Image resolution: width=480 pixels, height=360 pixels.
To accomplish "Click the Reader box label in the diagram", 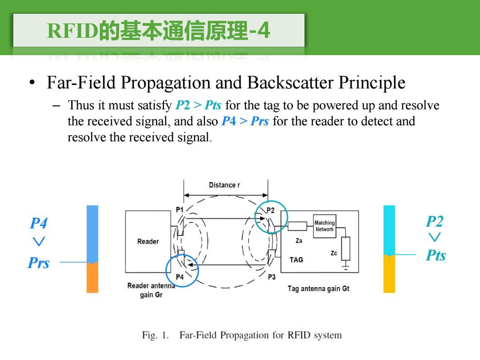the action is tap(148, 241).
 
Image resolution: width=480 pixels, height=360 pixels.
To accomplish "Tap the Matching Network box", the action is tap(324, 226).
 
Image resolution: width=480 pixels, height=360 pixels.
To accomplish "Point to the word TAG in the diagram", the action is tap(296, 260).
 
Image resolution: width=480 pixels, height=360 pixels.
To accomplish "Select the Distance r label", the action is tap(224, 185).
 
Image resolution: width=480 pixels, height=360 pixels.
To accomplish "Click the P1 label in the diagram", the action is tap(180, 210).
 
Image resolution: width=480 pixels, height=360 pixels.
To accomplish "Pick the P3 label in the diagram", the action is tap(272, 277).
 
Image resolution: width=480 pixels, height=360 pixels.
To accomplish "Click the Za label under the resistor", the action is tap(299, 241).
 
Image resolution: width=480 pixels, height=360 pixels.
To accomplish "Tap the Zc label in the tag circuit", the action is tap(334, 253).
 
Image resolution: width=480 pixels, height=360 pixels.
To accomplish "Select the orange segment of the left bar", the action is tap(92, 277).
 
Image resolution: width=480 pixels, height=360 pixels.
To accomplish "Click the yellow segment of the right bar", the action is tap(389, 274).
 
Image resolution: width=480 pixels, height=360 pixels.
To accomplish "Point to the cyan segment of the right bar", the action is tap(389, 230).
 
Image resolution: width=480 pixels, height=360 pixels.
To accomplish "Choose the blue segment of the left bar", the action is tap(92, 234).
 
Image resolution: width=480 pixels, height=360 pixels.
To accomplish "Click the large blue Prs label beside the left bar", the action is tap(39, 263).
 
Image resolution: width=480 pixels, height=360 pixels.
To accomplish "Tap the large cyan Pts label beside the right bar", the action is tap(436, 255).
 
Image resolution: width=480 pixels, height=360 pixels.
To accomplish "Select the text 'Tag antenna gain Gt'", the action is tap(318, 289).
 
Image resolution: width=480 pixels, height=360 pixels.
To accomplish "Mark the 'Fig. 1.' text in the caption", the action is tap(156, 335).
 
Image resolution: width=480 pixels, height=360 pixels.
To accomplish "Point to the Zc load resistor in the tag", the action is tap(346, 248).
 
